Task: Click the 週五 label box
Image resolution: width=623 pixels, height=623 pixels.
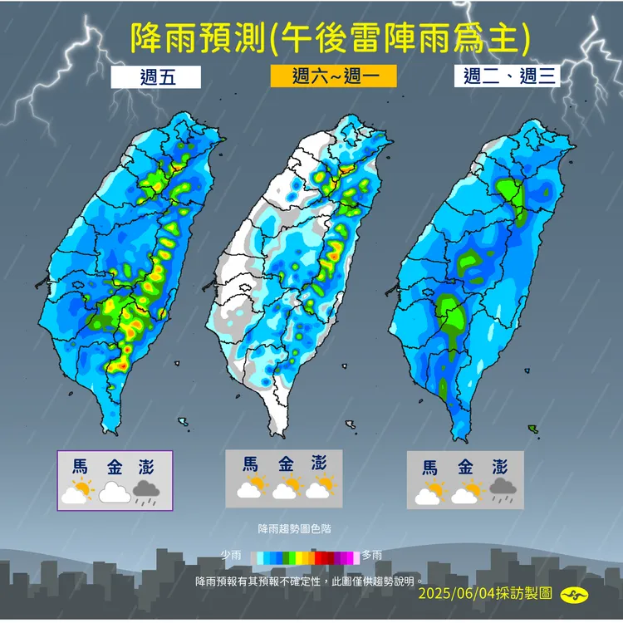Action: coord(157,77)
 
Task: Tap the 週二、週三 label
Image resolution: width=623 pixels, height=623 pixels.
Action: coord(507,77)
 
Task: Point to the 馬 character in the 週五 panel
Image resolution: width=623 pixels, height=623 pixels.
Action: coord(79,467)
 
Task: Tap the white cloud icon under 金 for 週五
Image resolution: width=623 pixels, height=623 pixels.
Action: coord(114,493)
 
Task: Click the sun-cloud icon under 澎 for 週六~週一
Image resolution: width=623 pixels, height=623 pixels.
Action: coord(320,488)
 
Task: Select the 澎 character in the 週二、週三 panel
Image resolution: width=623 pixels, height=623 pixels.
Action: coord(500,467)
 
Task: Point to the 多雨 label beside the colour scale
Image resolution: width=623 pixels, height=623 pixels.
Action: coord(372,555)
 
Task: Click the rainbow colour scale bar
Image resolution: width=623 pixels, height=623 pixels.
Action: coord(306,556)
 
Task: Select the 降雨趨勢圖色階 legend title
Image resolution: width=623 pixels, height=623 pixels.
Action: coord(288,528)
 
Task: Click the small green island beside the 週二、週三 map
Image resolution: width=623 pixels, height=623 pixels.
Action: coord(532,429)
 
